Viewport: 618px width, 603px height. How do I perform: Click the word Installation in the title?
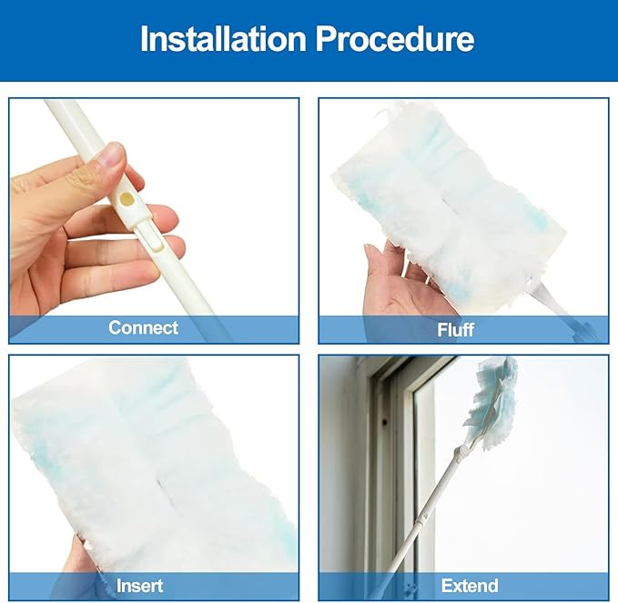[x=223, y=38]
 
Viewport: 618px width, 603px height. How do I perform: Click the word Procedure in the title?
[x=395, y=39]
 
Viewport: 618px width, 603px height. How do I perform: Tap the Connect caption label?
[x=144, y=327]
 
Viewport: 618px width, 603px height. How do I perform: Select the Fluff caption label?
[x=456, y=329]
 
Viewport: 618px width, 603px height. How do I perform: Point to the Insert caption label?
[x=139, y=586]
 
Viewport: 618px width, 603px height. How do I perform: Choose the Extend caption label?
[x=470, y=586]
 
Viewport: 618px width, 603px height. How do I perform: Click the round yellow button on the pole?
[x=127, y=199]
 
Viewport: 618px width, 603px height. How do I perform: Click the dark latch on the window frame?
[x=384, y=423]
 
